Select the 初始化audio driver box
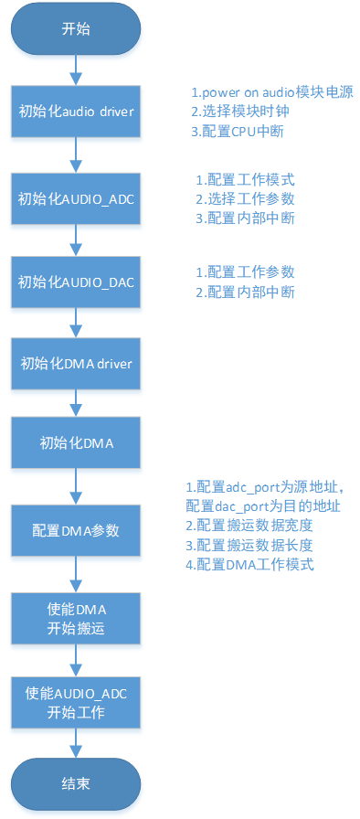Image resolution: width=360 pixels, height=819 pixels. click(77, 113)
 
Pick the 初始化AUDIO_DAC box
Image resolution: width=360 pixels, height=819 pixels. click(77, 281)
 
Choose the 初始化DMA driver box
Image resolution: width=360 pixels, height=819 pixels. click(77, 364)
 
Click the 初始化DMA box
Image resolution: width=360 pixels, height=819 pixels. click(77, 445)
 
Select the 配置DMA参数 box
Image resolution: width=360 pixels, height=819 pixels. click(77, 530)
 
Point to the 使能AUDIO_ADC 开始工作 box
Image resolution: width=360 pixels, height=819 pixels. click(77, 702)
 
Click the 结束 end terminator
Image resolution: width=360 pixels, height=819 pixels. click(77, 784)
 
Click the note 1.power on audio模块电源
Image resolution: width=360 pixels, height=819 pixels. click(271, 93)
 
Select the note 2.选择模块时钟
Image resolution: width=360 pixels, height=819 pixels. click(238, 112)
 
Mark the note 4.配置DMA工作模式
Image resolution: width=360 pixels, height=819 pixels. click(249, 564)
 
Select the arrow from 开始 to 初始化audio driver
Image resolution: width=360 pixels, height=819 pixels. click(77, 69)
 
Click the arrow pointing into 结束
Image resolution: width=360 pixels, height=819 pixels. click(77, 744)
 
